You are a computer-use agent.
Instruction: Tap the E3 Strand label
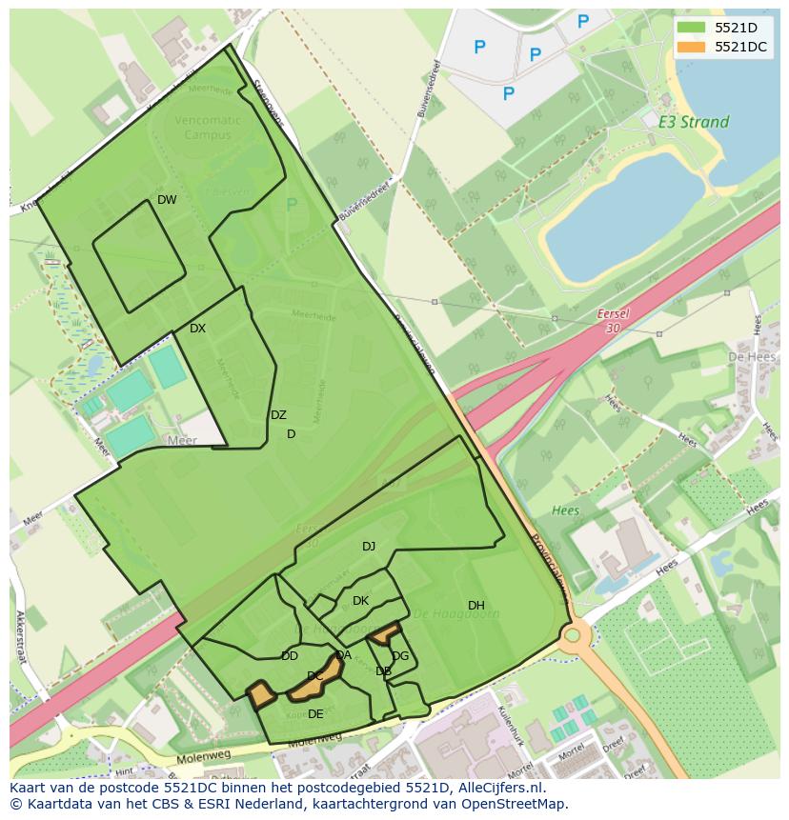coord(693,122)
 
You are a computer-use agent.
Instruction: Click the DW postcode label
coord(167,200)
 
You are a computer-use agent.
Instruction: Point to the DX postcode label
coord(197,329)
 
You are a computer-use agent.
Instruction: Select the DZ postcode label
coord(278,415)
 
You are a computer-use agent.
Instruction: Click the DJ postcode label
coord(369,547)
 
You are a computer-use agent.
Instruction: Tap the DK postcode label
coord(360,601)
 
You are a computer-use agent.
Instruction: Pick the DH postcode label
coord(476,606)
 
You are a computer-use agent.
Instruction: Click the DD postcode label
coord(290,656)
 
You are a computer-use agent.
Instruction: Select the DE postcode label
coord(315,714)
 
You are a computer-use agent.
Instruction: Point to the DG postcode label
coord(400,656)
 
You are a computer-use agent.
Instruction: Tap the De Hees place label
coord(748,356)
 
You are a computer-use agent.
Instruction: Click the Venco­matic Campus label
coord(209,128)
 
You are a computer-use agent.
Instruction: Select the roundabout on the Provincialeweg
coord(573,635)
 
